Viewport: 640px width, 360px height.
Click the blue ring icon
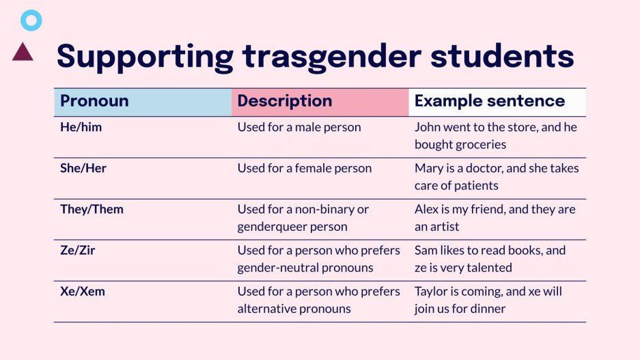[x=31, y=21]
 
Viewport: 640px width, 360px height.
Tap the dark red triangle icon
[x=23, y=52]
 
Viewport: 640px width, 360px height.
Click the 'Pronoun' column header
[x=94, y=102]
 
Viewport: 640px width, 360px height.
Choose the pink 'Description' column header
[x=285, y=102]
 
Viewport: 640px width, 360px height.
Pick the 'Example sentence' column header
[x=490, y=102]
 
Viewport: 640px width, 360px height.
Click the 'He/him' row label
[x=81, y=127]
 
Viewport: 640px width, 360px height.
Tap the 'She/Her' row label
[x=83, y=168]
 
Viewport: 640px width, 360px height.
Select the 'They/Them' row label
[x=92, y=209]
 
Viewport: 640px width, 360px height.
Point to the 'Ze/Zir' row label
[x=78, y=250]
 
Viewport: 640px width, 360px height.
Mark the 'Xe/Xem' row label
[x=83, y=291]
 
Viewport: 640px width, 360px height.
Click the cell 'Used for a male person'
[x=299, y=127]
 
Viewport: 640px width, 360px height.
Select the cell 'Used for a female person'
[x=305, y=168]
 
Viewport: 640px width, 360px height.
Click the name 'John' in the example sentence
[x=428, y=127]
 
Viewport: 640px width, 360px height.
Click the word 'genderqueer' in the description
[x=269, y=227]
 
